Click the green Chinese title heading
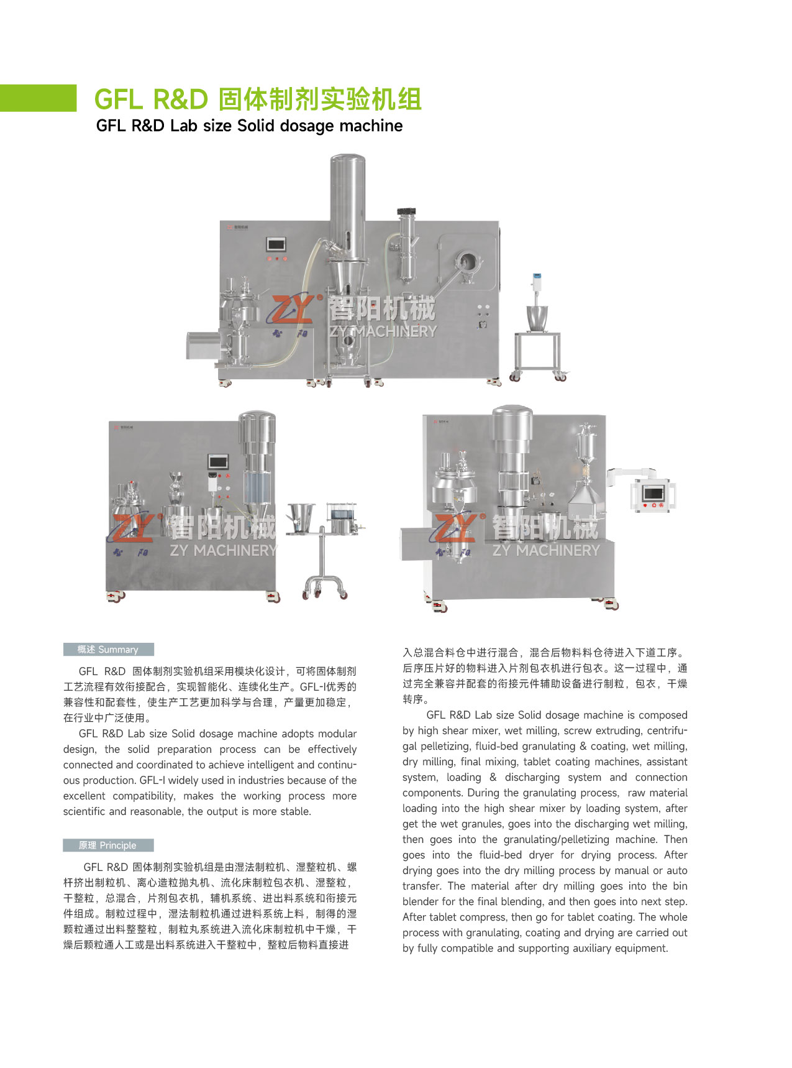tap(258, 99)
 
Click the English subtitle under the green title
tap(249, 126)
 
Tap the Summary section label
tap(108, 650)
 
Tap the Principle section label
tap(108, 845)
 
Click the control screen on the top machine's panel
tap(275, 244)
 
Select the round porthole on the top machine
tap(467, 260)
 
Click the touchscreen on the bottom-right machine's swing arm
tap(653, 493)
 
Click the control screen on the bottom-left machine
tap(218, 462)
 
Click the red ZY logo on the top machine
tap(291, 309)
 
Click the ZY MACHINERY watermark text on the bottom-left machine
tap(223, 551)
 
